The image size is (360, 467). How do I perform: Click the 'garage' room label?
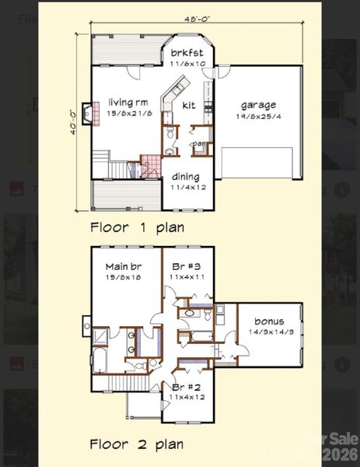[x=257, y=104]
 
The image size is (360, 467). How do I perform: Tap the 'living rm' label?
[x=128, y=103]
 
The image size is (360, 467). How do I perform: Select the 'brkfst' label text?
[x=187, y=53]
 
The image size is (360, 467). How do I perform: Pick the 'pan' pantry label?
[x=199, y=143]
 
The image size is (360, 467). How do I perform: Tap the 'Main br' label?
[x=123, y=265]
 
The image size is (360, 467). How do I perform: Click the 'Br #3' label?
[x=185, y=265]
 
